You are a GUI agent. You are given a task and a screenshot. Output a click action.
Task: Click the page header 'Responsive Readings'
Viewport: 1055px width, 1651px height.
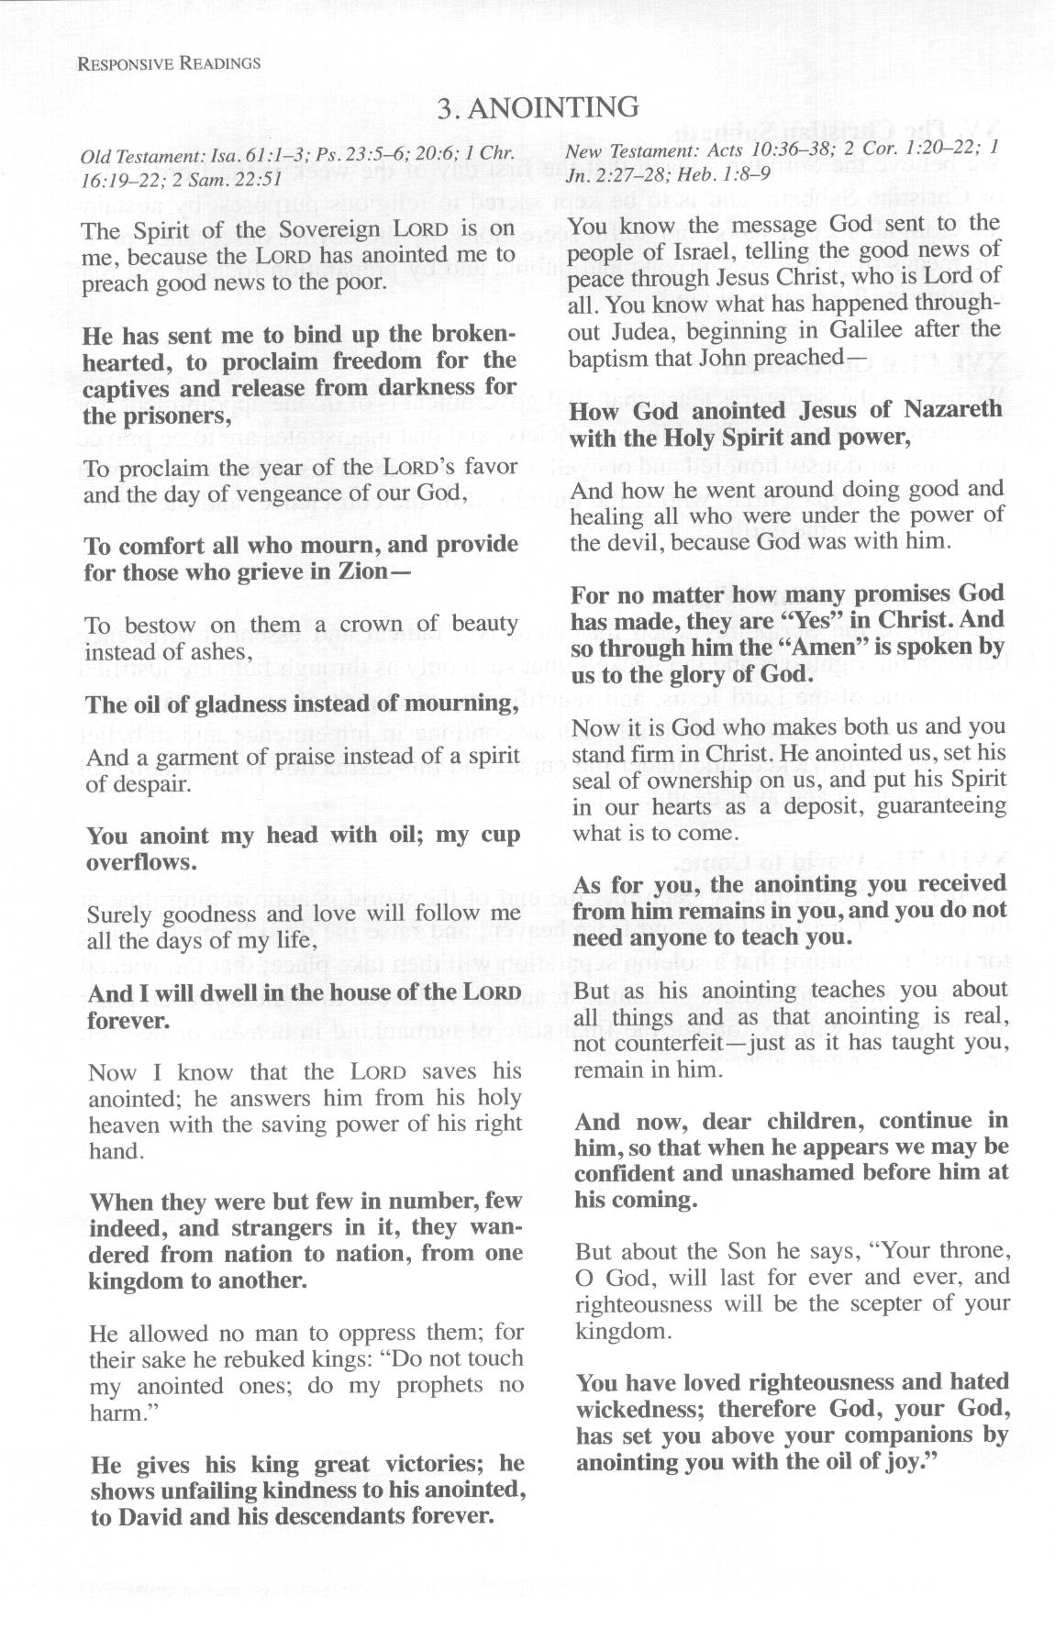pyautogui.click(x=170, y=63)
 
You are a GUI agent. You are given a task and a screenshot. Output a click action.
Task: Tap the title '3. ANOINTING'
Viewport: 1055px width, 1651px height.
pyautogui.click(x=538, y=108)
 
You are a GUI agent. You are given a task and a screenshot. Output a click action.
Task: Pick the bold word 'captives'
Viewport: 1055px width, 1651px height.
pyautogui.click(x=126, y=388)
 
